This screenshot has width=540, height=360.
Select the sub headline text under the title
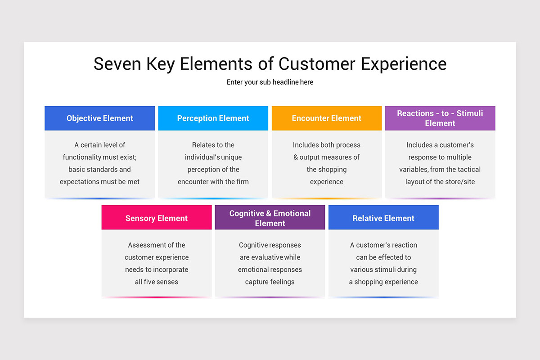pyautogui.click(x=270, y=82)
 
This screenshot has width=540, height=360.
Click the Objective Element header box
pyautogui.click(x=99, y=118)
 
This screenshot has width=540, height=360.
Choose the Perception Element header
pyautogui.click(x=213, y=118)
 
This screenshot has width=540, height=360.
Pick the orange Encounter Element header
pyautogui.click(x=326, y=118)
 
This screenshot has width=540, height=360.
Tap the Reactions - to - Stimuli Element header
pyautogui.click(x=440, y=118)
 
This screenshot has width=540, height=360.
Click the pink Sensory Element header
pyautogui.click(x=156, y=218)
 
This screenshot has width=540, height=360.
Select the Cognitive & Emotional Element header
pyautogui.click(x=270, y=218)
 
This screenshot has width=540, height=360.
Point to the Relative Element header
pyautogui.click(x=383, y=218)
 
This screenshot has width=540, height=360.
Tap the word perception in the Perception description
pyautogui.click(x=207, y=170)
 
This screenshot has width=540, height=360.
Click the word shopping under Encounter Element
pyautogui.click(x=333, y=170)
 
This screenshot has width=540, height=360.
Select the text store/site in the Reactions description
pyautogui.click(x=459, y=182)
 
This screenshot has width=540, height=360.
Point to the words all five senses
pyautogui.click(x=156, y=282)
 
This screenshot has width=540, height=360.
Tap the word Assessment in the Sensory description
pyautogui.click(x=145, y=245)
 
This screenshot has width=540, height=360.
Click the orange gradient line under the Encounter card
pyautogui.click(x=326, y=198)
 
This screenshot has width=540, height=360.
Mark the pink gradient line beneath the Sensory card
pyautogui.click(x=156, y=297)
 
